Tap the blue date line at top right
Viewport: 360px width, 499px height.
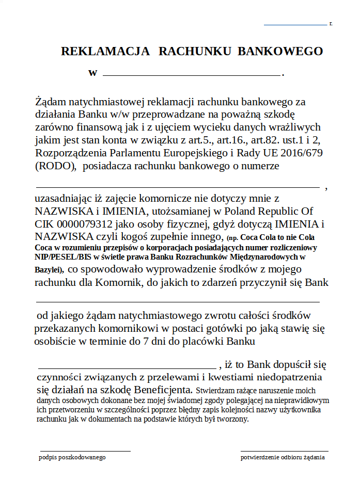(295, 24)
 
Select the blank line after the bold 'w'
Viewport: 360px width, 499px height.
(191, 75)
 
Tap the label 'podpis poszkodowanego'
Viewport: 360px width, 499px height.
(72, 457)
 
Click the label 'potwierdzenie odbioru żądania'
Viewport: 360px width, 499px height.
(283, 457)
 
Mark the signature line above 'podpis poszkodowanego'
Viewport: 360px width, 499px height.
(85, 451)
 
